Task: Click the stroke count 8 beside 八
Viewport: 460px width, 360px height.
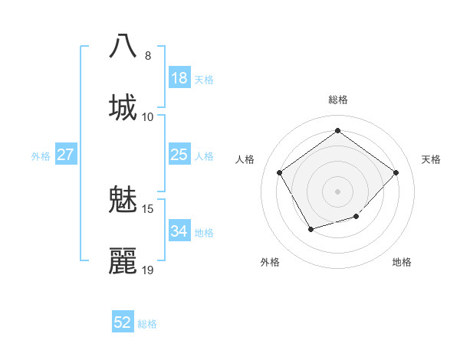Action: pos(148,55)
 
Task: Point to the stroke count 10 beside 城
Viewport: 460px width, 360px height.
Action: pos(148,116)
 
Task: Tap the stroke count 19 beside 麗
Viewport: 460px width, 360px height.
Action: pos(148,270)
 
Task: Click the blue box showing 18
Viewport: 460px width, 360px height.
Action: pos(179,78)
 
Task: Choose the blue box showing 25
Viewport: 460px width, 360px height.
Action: pos(179,155)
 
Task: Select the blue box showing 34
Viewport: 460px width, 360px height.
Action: pos(179,231)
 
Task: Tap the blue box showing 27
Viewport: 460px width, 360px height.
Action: pos(66,155)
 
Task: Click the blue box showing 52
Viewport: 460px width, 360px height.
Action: pos(123,322)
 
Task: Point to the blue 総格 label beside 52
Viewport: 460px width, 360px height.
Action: pos(147,324)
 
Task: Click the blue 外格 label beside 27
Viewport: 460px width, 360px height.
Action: pos(41,156)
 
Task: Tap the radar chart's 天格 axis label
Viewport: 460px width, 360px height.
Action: pos(431,159)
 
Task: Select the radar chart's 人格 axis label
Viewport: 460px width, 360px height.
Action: pos(245,159)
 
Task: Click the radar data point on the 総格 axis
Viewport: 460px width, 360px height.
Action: pos(337,131)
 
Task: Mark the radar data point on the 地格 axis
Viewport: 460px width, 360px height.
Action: pos(356,217)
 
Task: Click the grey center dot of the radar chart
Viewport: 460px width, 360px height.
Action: pos(337,191)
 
